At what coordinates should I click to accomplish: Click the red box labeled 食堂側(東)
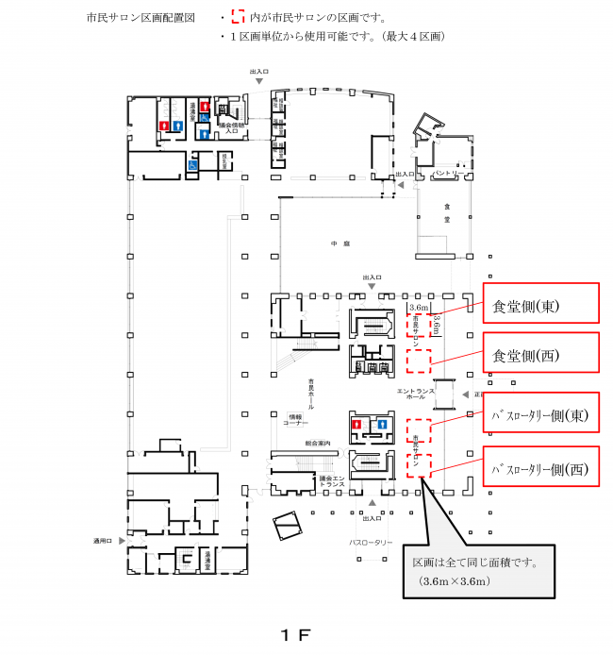pos(540,303)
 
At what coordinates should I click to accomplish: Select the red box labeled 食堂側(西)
pos(540,355)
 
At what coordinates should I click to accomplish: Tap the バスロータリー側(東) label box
pos(540,413)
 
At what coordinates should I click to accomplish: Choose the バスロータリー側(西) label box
pos(540,466)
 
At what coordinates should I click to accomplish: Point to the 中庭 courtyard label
pos(340,244)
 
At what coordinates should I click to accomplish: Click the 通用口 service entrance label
pos(103,541)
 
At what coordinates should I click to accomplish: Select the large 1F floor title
pos(294,634)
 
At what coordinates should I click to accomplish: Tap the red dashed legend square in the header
pos(237,17)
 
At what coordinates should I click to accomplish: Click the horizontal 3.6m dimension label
pos(418,308)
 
